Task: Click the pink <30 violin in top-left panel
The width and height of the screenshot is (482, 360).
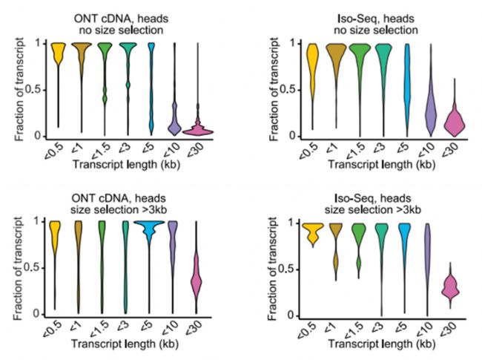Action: [198, 129]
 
